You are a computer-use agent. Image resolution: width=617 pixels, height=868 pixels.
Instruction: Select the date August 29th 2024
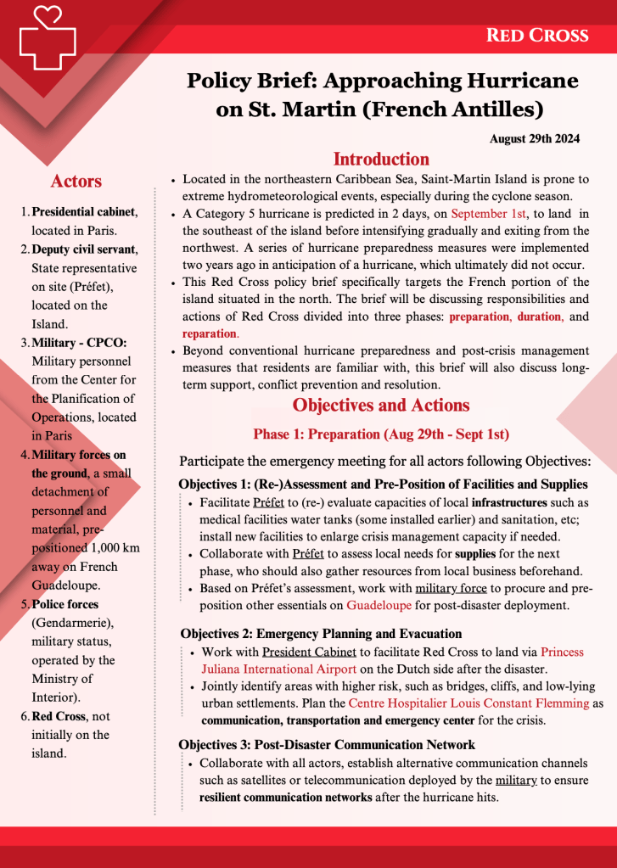point(535,138)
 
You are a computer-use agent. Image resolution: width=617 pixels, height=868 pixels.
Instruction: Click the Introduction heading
point(381,160)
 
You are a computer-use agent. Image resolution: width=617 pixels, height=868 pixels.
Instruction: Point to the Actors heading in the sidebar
point(76,181)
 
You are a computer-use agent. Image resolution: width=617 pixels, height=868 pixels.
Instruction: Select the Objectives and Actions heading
point(381,405)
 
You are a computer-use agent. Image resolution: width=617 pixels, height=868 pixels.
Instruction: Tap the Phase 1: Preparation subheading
point(381,434)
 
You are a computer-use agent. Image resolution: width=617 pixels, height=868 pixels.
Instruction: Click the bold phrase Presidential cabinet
point(84,211)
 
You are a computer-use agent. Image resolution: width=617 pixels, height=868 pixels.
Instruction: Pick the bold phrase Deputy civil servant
point(83,249)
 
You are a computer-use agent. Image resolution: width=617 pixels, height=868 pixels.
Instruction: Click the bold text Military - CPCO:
point(78,342)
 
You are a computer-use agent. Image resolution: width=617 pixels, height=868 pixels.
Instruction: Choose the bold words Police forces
point(65,604)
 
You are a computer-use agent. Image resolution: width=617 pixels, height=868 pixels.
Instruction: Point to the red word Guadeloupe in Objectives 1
point(378,606)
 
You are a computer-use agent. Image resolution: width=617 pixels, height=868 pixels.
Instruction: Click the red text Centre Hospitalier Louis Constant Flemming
point(468,703)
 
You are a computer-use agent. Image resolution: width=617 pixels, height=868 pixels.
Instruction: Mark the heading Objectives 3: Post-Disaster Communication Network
point(327,745)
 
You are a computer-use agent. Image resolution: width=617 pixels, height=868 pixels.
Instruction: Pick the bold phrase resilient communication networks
point(285,798)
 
